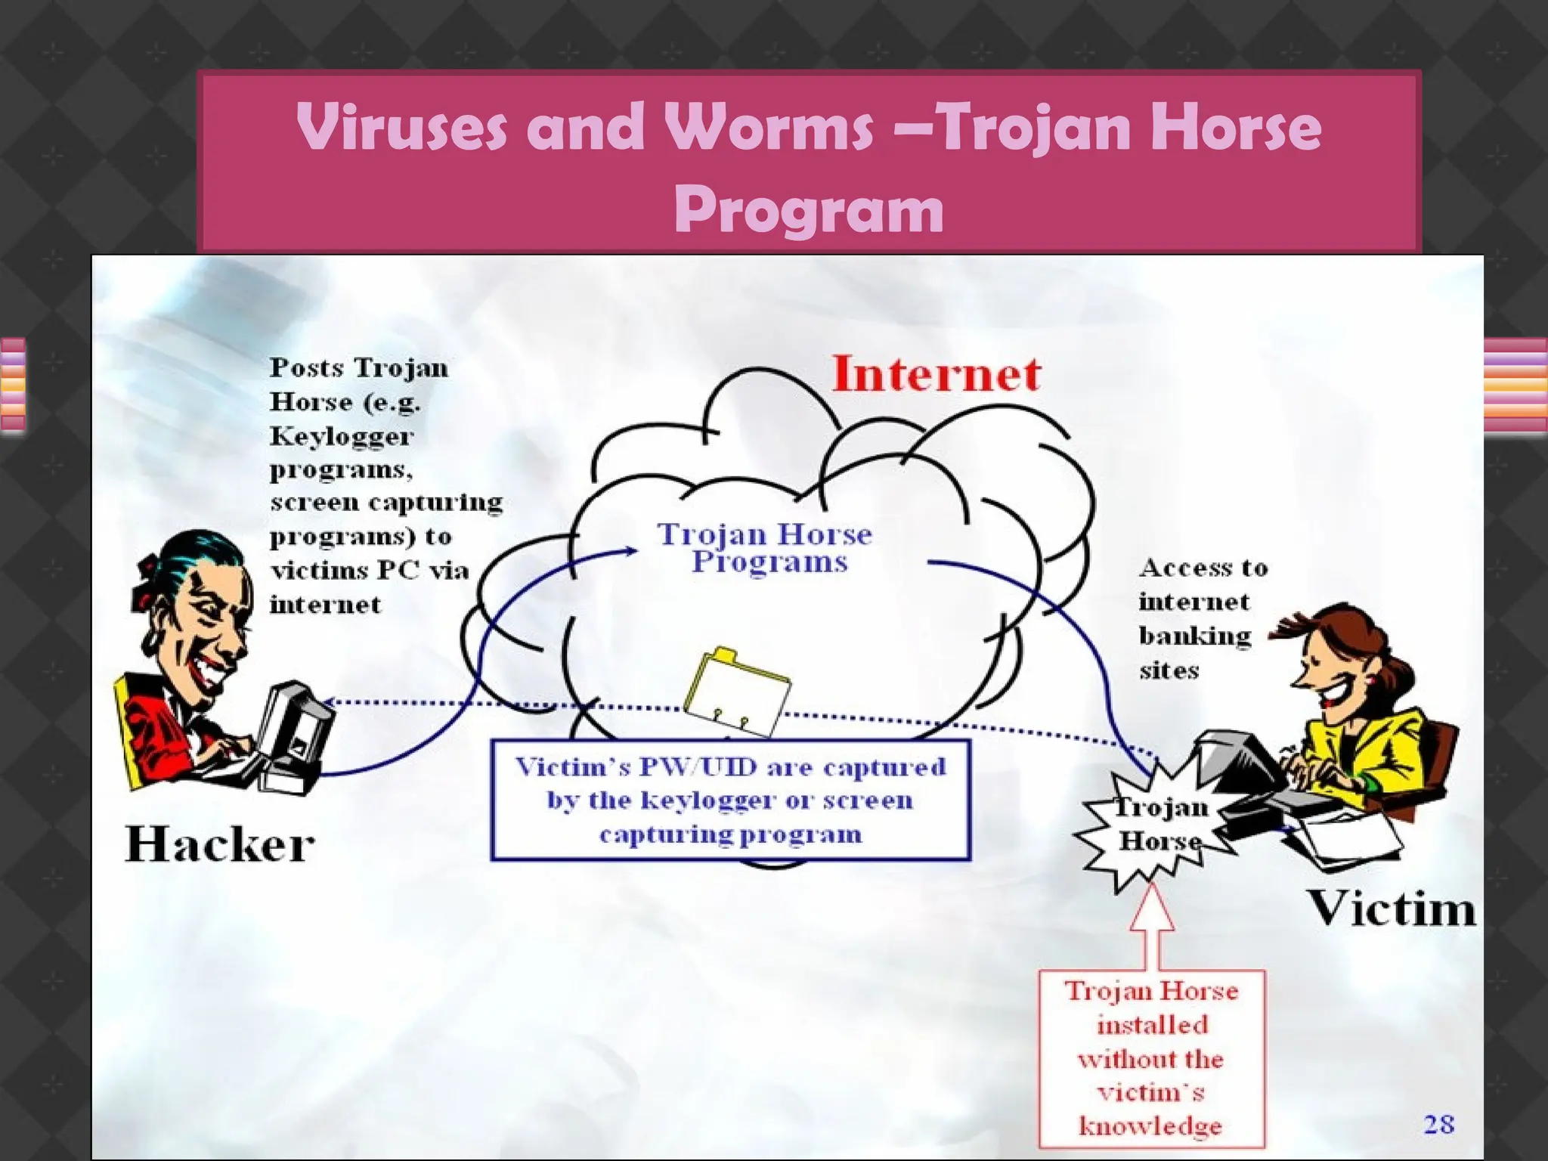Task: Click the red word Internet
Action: (936, 374)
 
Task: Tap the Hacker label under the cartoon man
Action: (219, 844)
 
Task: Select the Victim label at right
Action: (1392, 908)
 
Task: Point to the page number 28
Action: (1438, 1124)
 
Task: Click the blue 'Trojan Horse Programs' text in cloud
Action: (765, 548)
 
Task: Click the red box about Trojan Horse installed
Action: (1151, 1058)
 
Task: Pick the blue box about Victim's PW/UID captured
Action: (730, 800)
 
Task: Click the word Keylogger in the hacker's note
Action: (342, 436)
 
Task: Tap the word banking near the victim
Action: (1195, 636)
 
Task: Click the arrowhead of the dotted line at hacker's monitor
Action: (330, 702)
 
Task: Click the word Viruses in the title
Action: (401, 127)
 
